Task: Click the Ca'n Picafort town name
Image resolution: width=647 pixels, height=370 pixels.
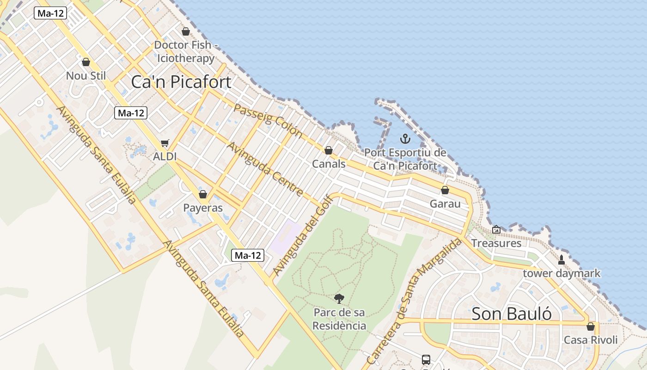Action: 181,82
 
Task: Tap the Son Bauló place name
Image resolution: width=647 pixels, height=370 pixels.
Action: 512,314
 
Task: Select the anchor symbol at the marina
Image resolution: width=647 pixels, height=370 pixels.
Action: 405,138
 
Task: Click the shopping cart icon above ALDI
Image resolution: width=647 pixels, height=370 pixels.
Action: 165,143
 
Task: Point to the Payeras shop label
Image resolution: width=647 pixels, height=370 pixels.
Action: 203,208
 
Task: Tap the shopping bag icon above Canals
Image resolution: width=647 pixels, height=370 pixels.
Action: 329,150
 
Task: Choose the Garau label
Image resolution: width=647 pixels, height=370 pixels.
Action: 445,203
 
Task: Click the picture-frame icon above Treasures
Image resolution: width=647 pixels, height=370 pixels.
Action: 496,229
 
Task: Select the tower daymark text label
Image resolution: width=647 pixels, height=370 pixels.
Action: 562,273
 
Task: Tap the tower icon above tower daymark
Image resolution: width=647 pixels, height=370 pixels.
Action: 562,260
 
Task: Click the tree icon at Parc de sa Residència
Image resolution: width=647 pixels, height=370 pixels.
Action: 339,299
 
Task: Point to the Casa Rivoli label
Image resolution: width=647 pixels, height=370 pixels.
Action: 591,340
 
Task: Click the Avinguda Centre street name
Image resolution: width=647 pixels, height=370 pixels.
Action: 265,169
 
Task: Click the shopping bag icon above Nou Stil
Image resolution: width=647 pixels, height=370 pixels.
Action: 86,62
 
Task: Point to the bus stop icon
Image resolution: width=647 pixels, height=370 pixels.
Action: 426,359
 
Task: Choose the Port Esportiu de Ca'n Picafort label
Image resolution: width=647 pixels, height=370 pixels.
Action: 405,159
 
